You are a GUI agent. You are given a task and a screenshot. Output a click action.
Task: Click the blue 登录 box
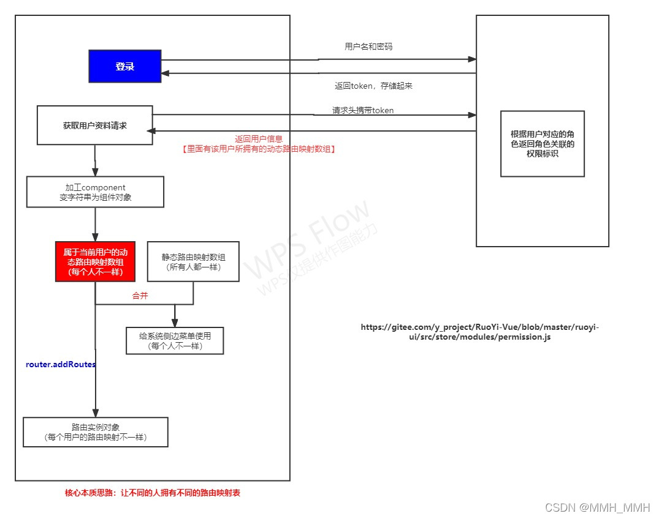[125, 66]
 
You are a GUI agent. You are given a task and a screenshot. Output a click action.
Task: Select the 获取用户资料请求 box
[94, 125]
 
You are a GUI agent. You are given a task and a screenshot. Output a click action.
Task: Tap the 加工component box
[95, 192]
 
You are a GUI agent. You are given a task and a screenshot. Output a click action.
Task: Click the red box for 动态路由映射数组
[95, 261]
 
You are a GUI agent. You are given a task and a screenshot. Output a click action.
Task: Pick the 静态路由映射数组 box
[193, 261]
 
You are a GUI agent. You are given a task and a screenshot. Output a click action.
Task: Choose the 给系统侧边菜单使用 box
[175, 341]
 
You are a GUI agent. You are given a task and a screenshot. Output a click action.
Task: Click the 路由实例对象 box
[95, 432]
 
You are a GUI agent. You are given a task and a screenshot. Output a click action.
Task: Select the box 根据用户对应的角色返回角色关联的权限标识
[543, 144]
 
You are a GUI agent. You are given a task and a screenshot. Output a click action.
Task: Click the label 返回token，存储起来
[373, 86]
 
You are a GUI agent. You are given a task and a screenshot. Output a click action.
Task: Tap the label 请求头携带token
[363, 110]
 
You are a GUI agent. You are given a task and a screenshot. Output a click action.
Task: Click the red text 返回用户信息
[259, 139]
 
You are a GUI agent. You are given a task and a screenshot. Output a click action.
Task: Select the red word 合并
[140, 296]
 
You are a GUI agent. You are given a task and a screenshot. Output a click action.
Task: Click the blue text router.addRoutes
[61, 365]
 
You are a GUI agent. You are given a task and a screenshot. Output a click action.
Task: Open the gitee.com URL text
[480, 332]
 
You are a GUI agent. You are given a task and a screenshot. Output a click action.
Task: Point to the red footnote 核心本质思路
[153, 493]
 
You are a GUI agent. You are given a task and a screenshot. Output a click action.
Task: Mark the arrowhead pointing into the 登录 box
[166, 73]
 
